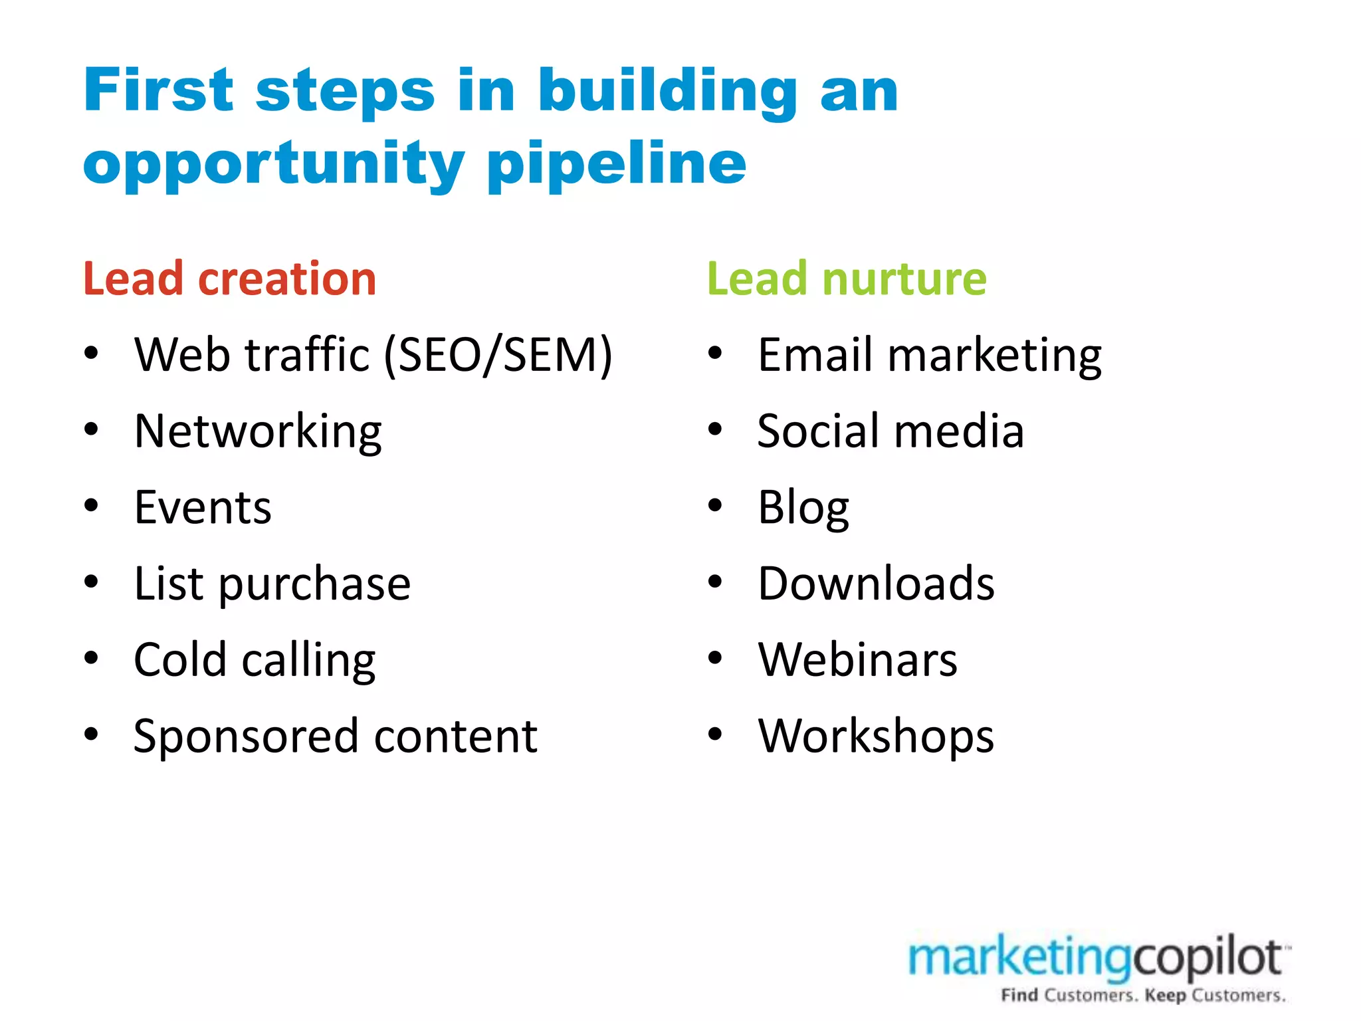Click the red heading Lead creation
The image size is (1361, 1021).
click(229, 279)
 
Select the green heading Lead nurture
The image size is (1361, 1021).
click(847, 279)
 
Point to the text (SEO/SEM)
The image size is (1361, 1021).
click(498, 355)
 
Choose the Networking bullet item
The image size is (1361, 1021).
click(258, 431)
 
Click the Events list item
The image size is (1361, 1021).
click(203, 508)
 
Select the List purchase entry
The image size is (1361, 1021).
click(272, 584)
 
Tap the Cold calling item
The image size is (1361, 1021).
click(255, 660)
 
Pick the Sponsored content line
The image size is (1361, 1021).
click(335, 737)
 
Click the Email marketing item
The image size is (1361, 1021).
click(929, 355)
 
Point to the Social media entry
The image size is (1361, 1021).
click(890, 431)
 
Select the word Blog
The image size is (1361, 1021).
click(803, 508)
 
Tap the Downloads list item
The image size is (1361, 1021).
click(876, 584)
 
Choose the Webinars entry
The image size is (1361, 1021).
click(857, 660)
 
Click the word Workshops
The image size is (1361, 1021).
click(876, 737)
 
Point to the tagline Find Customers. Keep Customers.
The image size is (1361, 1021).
click(1143, 995)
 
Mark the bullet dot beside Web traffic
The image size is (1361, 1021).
click(91, 354)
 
